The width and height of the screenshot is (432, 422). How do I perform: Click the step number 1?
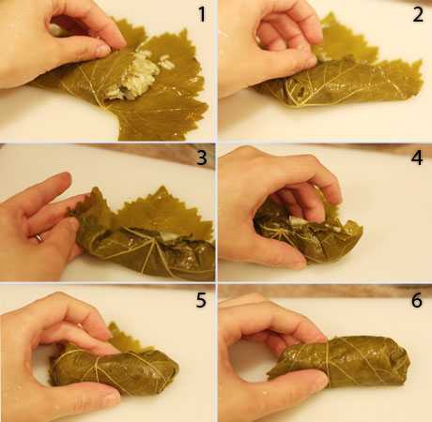coord(202,14)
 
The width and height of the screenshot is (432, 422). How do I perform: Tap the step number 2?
coord(418,14)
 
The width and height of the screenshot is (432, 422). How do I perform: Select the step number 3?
coord(202,158)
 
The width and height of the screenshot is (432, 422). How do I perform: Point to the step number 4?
coord(417,158)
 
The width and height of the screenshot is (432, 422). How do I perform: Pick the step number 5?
coord(201,300)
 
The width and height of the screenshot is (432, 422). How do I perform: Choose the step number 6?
coord(417,300)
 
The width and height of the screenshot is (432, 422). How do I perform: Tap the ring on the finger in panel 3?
coord(39,238)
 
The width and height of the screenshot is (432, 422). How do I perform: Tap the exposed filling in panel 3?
coord(171,237)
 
